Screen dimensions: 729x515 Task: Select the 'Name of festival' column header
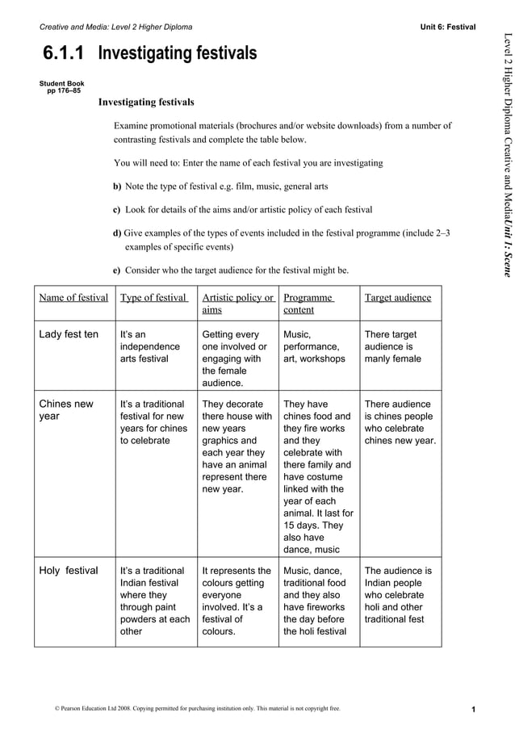click(73, 298)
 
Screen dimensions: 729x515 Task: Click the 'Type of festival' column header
click(153, 298)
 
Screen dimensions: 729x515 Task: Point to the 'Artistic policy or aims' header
click(238, 304)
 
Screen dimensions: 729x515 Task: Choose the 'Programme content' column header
click(309, 304)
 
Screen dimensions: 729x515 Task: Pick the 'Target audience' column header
click(398, 298)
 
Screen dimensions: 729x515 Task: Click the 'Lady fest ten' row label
click(69, 334)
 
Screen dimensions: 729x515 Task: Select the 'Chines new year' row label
click(66, 410)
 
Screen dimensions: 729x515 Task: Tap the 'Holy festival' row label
click(69, 571)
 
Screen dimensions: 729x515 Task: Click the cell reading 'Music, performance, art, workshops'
click(314, 346)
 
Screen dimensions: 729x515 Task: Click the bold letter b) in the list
click(117, 186)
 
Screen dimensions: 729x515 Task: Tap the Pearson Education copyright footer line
click(197, 709)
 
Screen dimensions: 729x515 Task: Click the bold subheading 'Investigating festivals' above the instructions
click(146, 103)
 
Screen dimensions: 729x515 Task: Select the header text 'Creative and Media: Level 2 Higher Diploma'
click(116, 27)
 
